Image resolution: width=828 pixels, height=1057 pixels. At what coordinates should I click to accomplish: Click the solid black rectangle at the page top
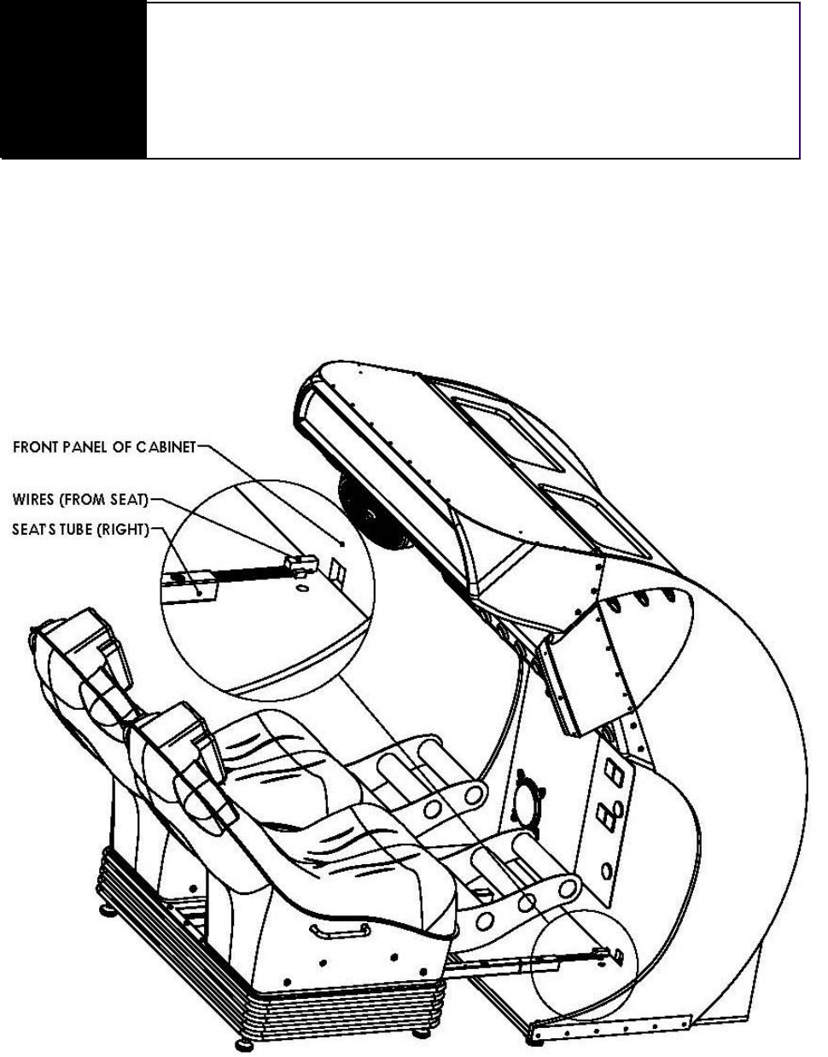(73, 79)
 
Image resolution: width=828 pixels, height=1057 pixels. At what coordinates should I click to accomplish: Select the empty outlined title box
(472, 80)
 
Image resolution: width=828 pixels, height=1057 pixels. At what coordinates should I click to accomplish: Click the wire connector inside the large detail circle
(303, 565)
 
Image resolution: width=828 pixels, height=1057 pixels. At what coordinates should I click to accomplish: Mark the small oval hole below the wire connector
(301, 585)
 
